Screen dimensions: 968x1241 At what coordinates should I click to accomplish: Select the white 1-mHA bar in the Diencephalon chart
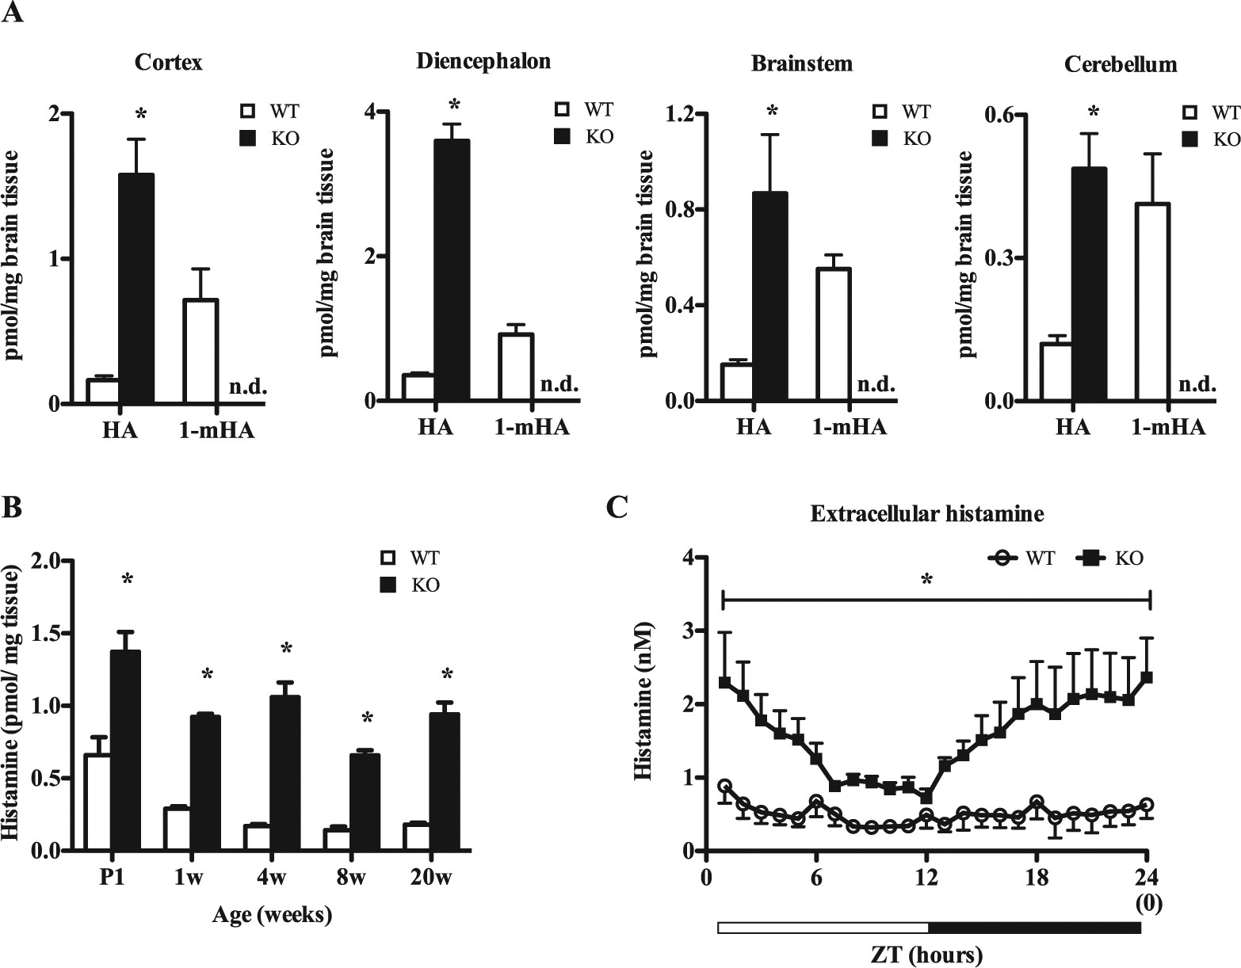(x=516, y=368)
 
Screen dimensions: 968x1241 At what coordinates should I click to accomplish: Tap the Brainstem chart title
(x=802, y=64)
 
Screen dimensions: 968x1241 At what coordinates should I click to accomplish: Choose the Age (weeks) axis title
(x=272, y=916)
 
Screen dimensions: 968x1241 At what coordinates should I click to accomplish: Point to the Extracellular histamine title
(x=926, y=514)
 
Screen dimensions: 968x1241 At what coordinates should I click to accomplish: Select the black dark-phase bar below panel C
(x=1034, y=928)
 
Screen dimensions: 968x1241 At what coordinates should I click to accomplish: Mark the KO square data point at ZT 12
(x=926, y=797)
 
